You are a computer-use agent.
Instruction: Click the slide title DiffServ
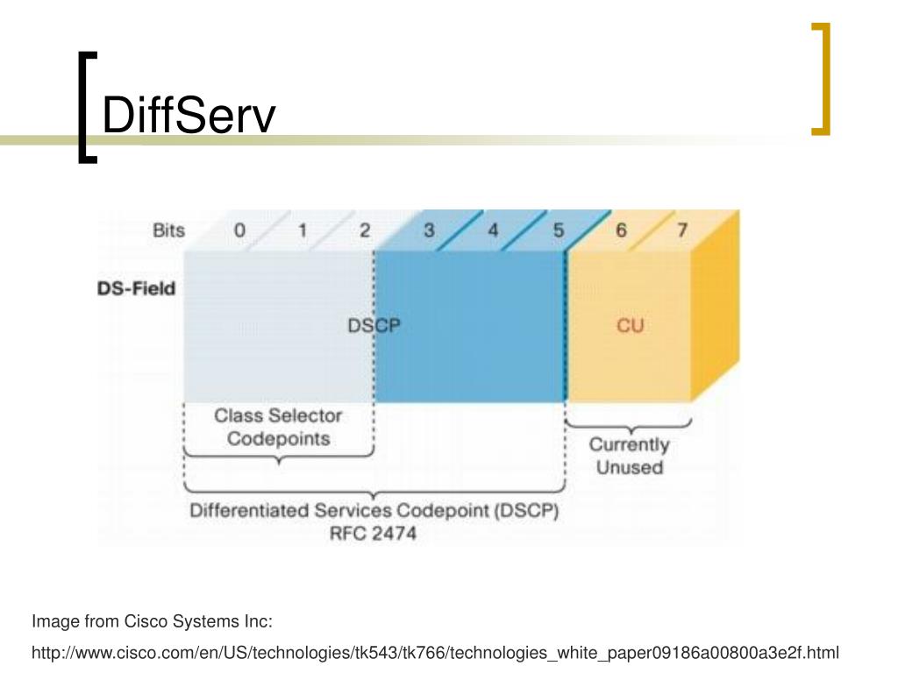coord(189,115)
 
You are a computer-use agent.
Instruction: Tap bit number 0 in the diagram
coord(239,230)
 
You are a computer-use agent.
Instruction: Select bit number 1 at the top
coord(303,230)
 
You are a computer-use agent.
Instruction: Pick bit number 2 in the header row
coord(365,230)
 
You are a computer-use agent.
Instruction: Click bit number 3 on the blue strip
coord(428,230)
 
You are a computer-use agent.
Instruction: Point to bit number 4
coord(493,230)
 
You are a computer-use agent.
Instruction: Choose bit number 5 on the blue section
coord(559,230)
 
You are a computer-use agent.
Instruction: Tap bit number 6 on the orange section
coord(621,230)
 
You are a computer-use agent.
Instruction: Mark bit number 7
coord(682,230)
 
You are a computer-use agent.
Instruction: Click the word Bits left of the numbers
coord(169,230)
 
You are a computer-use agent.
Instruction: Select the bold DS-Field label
coord(136,288)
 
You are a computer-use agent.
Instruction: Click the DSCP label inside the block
coord(374,326)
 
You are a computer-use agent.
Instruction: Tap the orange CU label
coord(630,326)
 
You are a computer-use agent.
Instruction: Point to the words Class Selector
coord(278,415)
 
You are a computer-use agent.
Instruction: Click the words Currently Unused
coord(629,456)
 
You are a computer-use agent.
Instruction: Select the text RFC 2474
coord(373,534)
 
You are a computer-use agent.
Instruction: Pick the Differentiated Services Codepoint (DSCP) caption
coord(374,510)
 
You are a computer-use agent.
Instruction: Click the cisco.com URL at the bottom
coord(435,653)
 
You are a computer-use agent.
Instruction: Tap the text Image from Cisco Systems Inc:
coord(152,621)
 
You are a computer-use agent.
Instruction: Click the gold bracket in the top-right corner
coord(821,79)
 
